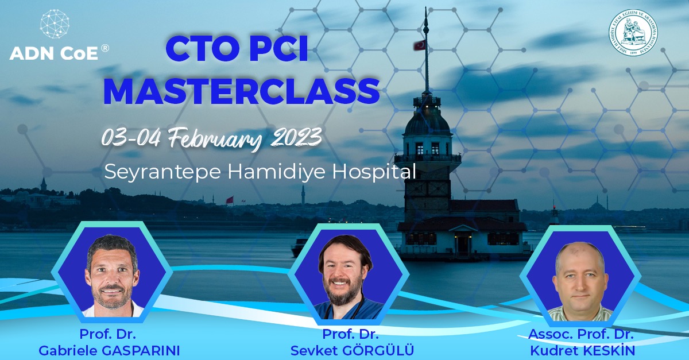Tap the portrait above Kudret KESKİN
click(580, 278)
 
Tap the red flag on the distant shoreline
click(230, 200)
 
